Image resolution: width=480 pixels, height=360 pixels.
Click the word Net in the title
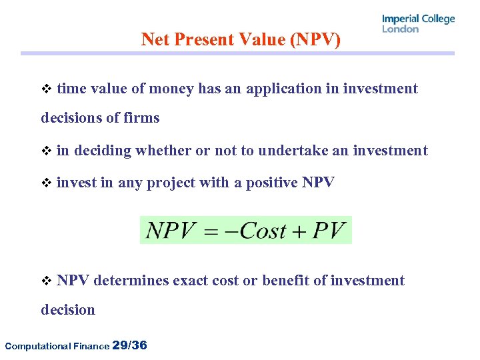155,40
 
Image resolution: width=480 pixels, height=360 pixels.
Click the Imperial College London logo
418,23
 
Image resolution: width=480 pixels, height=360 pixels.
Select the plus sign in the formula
297,231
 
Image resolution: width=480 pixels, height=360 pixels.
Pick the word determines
131,281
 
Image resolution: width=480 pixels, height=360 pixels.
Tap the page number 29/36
130,345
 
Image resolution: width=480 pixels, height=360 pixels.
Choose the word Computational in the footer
33,346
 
